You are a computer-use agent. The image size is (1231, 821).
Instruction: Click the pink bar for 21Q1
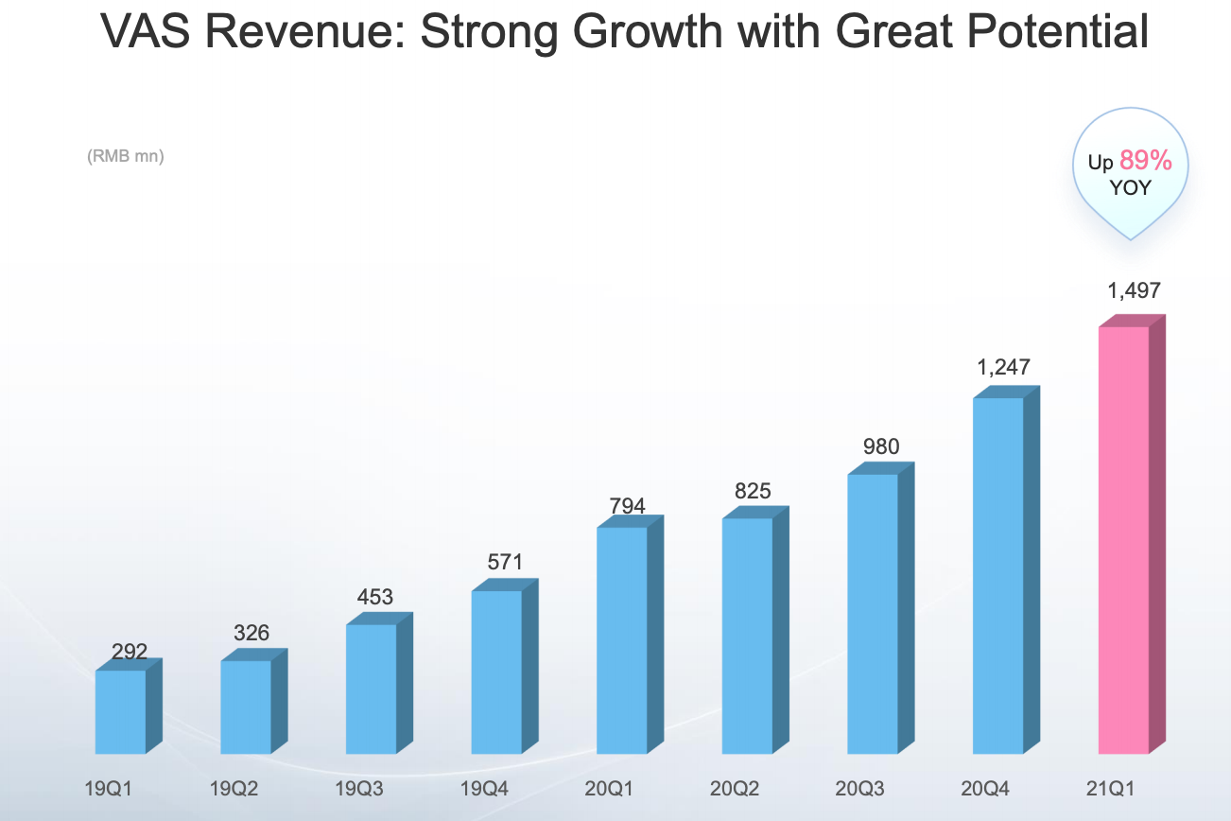pyautogui.click(x=1123, y=539)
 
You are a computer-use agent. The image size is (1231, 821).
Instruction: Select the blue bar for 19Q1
pyautogui.click(x=121, y=711)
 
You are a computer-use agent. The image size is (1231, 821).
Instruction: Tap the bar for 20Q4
pyautogui.click(x=998, y=575)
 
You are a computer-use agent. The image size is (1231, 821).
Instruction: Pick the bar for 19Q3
pyautogui.click(x=371, y=689)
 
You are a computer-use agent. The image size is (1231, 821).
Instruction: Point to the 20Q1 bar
pyautogui.click(x=622, y=639)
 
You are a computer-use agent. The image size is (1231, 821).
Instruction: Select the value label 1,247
pyautogui.click(x=1004, y=367)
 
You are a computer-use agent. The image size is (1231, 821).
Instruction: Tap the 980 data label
pyautogui.click(x=881, y=445)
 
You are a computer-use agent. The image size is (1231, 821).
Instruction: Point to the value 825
pyautogui.click(x=753, y=491)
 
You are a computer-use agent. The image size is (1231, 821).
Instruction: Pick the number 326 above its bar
pyautogui.click(x=251, y=633)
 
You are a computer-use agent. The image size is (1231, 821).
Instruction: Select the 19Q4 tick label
pyautogui.click(x=484, y=789)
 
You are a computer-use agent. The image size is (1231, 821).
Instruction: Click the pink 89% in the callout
pyautogui.click(x=1146, y=161)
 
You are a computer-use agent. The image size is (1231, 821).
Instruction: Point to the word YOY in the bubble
pyautogui.click(x=1131, y=187)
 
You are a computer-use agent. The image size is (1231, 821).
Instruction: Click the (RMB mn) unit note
pyautogui.click(x=126, y=156)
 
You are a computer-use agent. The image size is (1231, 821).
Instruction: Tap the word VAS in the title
pyautogui.click(x=140, y=32)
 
